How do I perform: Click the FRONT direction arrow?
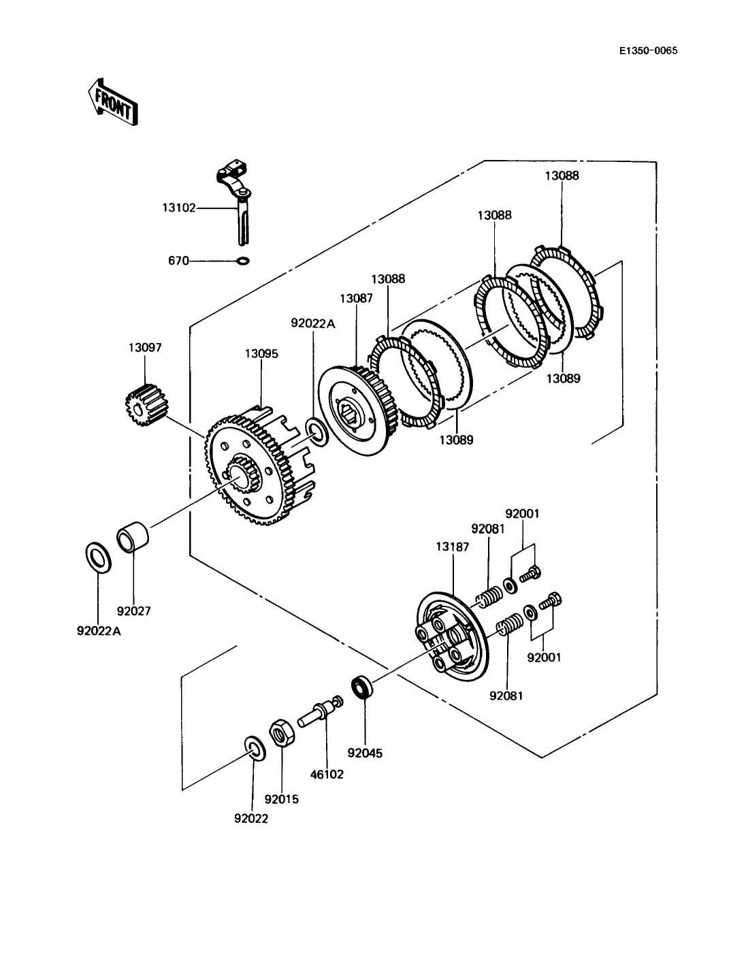click(x=112, y=103)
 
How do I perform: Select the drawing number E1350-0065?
click(x=648, y=50)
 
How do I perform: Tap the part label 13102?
click(x=179, y=208)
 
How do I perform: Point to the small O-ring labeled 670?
click(x=244, y=261)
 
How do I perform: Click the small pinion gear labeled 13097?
click(x=146, y=405)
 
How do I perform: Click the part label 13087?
click(x=356, y=298)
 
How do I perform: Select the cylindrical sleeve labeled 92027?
click(x=133, y=538)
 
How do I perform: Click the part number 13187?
click(x=453, y=547)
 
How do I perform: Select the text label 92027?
click(x=134, y=611)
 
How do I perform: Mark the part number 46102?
click(x=327, y=774)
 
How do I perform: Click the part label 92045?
click(x=365, y=753)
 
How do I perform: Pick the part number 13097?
click(x=145, y=347)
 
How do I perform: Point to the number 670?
click(x=178, y=261)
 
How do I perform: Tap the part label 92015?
click(x=282, y=799)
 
